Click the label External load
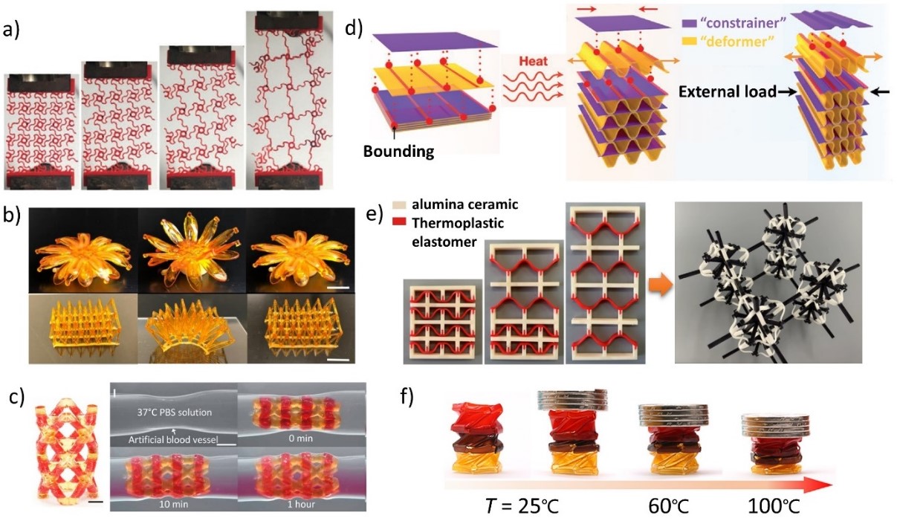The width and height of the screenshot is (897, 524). tap(725, 92)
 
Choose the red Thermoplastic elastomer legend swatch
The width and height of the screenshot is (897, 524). tap(413, 222)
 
